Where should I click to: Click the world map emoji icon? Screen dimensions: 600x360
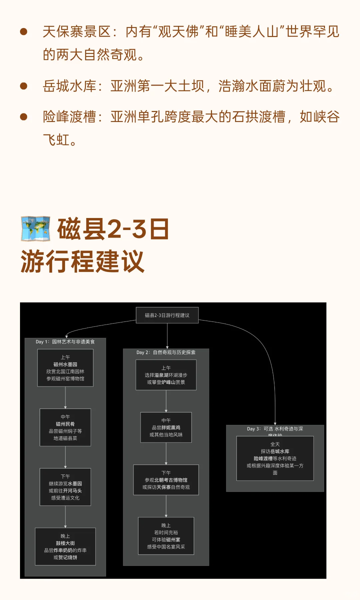click(x=36, y=229)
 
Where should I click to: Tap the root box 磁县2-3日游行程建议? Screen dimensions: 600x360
click(x=167, y=315)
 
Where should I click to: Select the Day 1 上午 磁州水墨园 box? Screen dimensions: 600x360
click(x=65, y=368)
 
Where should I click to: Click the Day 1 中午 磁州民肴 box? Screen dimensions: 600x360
click(x=65, y=427)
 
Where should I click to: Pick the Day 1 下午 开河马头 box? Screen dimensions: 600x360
click(x=65, y=487)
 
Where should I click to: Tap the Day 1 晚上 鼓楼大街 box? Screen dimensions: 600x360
click(x=65, y=547)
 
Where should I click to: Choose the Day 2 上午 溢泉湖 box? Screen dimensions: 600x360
click(x=166, y=375)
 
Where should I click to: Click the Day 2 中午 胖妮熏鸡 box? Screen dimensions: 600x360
click(x=166, y=428)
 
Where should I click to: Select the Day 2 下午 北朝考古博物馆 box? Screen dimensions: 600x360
click(x=166, y=480)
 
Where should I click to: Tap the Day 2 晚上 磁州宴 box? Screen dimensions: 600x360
click(x=166, y=536)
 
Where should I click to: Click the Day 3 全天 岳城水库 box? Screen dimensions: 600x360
click(x=275, y=458)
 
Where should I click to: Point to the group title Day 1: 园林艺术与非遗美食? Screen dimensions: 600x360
click(x=65, y=342)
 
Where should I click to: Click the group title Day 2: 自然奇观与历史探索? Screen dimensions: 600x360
click(x=166, y=352)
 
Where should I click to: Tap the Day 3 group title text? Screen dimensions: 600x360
click(x=275, y=429)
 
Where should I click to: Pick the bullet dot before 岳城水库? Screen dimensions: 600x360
click(x=24, y=86)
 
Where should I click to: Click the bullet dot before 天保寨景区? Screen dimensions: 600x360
click(x=24, y=32)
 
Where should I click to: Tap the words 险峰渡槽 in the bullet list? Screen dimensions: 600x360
click(x=69, y=117)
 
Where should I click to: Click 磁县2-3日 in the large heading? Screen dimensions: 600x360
click(x=113, y=229)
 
